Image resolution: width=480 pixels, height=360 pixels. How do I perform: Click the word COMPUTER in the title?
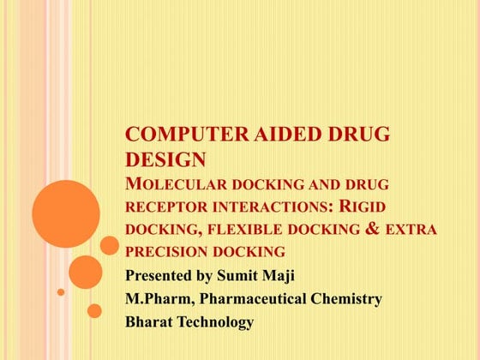coord(176,135)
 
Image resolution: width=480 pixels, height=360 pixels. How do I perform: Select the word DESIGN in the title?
coord(165,159)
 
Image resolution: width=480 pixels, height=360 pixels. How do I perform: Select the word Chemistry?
coord(346,299)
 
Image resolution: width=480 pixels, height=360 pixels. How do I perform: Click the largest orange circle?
coord(66,214)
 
